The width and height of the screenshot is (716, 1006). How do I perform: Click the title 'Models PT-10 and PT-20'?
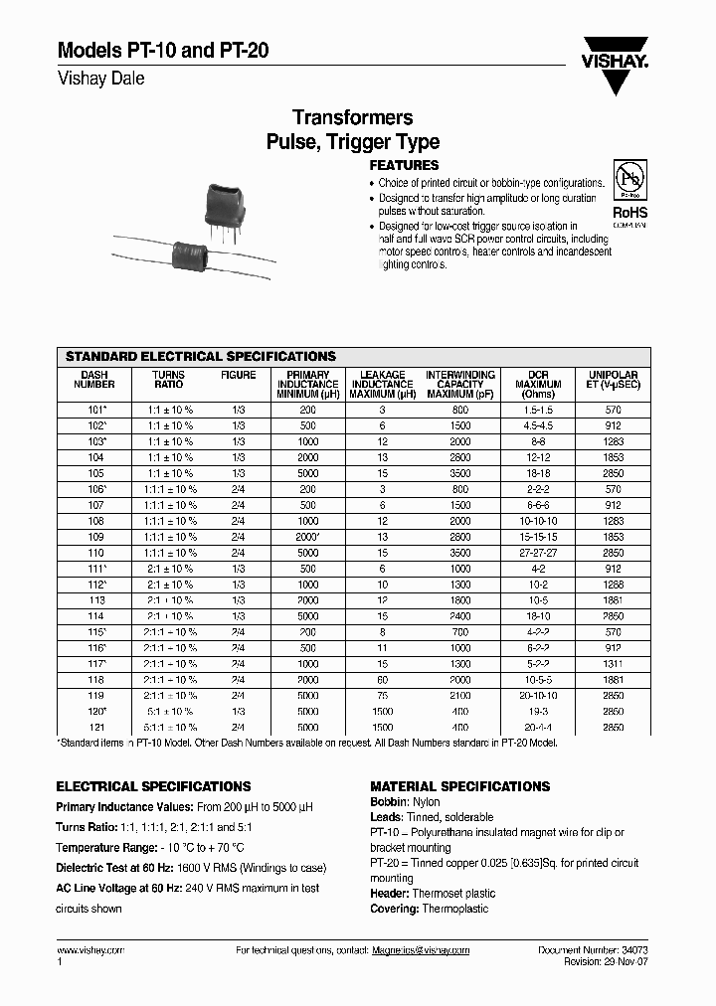point(162,52)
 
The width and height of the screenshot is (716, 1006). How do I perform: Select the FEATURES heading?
point(404,165)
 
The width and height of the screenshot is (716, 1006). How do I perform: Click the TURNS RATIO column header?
point(169,380)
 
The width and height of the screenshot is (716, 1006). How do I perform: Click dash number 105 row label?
point(95,473)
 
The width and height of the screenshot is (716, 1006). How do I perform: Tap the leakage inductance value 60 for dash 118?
point(382,680)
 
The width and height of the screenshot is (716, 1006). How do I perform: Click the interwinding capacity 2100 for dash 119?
point(459,696)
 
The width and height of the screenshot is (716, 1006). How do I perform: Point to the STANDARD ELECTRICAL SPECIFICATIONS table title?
point(200,356)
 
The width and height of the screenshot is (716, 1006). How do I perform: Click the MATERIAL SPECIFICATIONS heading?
point(459,786)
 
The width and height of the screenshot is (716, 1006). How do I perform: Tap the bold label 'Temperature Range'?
point(106,849)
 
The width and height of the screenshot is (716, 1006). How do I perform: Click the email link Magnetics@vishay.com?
point(421,950)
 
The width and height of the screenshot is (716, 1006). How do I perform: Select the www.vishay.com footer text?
point(90,950)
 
